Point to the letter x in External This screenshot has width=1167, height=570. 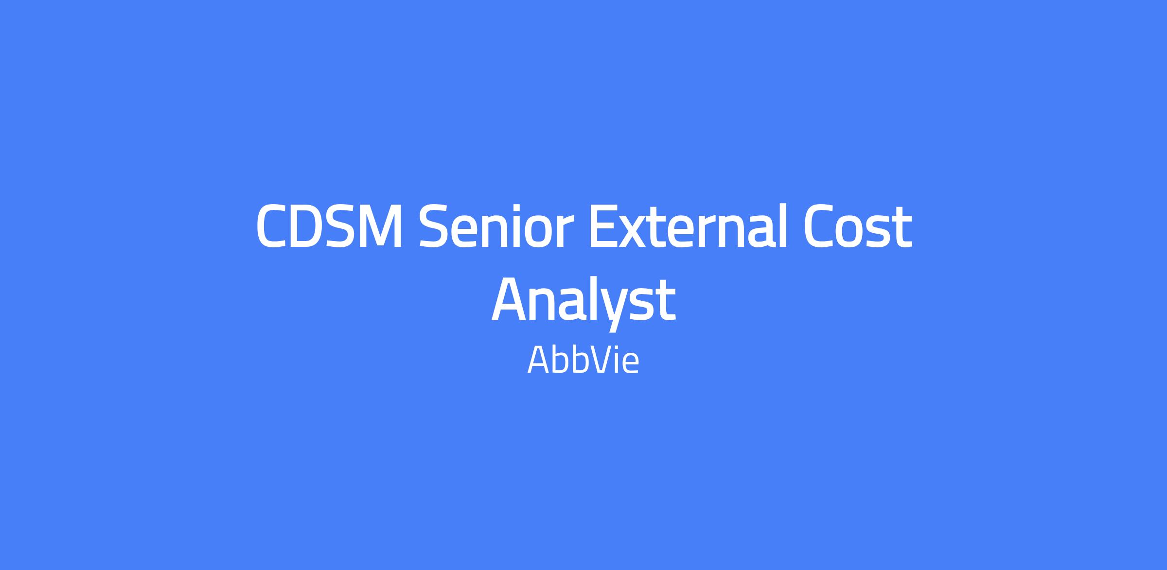coord(633,232)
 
